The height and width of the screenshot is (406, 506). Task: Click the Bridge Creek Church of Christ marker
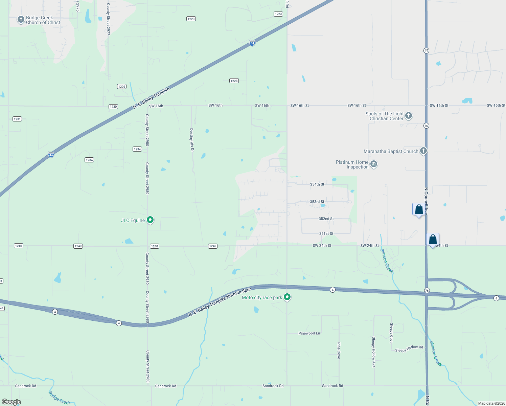21,20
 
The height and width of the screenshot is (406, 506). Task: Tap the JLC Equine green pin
150,220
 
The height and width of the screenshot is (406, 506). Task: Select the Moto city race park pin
287,297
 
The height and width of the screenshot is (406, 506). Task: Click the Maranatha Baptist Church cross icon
423,151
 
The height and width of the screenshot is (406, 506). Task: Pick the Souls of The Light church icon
409,116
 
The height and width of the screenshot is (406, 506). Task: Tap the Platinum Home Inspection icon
374,164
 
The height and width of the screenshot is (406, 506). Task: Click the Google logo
11,402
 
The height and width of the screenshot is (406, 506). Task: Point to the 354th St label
317,184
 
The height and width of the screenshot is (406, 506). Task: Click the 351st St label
326,234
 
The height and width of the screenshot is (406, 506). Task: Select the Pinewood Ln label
309,333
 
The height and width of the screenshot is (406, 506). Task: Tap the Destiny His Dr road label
192,140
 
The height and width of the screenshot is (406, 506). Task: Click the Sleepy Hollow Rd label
409,349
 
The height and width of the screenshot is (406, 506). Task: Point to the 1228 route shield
234,81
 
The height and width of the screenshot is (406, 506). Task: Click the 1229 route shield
122,87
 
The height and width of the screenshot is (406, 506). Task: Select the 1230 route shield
113,107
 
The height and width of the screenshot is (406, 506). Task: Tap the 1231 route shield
17,119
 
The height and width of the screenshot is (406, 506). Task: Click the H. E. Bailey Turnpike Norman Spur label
220,302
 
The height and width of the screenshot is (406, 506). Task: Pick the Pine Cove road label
339,350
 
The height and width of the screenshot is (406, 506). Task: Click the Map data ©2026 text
491,403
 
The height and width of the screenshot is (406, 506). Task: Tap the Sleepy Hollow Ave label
374,352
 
